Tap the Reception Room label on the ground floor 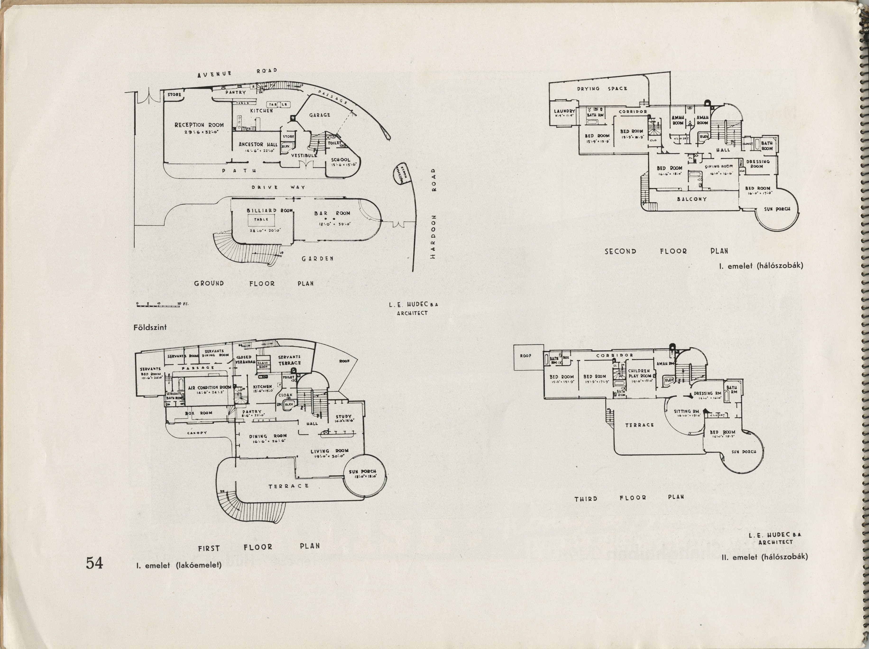pyautogui.click(x=199, y=125)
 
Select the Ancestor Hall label pyautogui.click(x=258, y=144)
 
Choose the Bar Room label pyautogui.click(x=332, y=213)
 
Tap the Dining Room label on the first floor pyautogui.click(x=268, y=436)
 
